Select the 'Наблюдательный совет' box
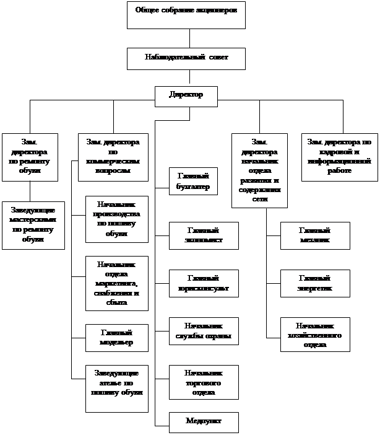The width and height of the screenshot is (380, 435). (186, 58)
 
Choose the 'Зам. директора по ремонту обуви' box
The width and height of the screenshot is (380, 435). (30, 157)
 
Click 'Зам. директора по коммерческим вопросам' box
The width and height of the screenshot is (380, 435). (114, 157)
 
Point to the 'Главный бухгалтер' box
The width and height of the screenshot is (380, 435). (193, 181)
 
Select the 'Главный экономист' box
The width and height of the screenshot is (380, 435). (204, 235)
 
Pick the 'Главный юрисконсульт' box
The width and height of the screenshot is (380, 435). (204, 283)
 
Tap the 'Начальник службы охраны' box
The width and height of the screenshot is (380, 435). (204, 332)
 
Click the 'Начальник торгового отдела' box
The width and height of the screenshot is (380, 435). (204, 380)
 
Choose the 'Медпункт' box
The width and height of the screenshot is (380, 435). (204, 421)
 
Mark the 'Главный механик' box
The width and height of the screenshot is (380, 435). (315, 235)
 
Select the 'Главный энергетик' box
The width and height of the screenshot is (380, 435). (315, 283)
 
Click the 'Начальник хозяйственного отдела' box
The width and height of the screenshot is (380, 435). (315, 335)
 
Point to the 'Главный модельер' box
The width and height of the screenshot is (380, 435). (116, 338)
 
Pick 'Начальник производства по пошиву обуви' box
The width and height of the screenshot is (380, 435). (116, 219)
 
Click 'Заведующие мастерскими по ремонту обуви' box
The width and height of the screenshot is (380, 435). (33, 224)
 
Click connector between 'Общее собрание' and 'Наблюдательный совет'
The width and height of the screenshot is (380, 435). (189, 38)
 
